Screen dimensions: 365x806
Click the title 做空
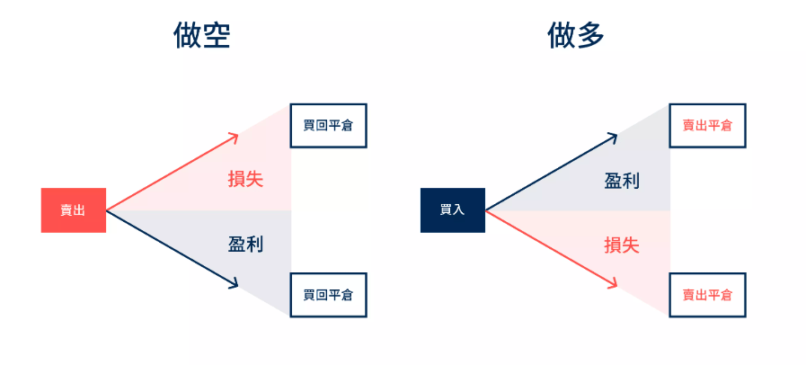201,36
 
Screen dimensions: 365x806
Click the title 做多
576,36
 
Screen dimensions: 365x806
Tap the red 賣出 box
73,210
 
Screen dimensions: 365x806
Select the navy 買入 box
452,210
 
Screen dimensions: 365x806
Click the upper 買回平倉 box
328,126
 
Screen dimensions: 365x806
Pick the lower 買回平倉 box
328,295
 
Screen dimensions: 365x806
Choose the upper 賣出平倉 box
707,126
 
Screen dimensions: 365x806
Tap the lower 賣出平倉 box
707,295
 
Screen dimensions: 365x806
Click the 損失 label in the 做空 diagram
245,178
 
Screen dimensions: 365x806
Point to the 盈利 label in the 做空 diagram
245,244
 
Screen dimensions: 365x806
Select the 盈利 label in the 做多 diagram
622,180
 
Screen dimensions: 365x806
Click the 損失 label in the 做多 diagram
622,245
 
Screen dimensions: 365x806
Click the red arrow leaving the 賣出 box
171,174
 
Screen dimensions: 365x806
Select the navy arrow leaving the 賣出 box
171,248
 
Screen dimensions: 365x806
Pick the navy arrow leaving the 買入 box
550,174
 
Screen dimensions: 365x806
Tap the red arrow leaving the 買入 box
550,248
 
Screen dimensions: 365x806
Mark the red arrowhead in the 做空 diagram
234,138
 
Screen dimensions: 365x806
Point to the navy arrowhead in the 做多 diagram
613,138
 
